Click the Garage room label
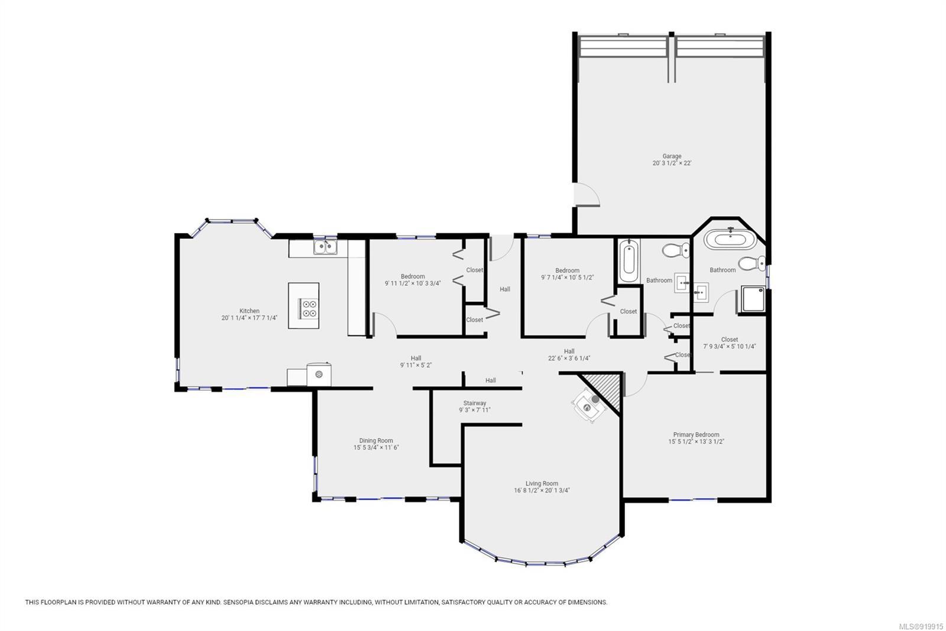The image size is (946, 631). click(672, 156)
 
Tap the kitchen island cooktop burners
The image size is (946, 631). click(308, 308)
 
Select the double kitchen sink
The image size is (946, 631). click(325, 247)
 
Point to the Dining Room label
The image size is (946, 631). click(376, 440)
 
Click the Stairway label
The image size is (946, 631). click(475, 403)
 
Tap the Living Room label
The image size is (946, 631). click(542, 484)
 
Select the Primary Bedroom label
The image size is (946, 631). click(696, 434)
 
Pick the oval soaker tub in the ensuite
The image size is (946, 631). click(730, 239)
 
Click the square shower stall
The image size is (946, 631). click(753, 299)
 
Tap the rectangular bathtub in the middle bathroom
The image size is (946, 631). click(629, 261)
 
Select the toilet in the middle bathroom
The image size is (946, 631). click(676, 250)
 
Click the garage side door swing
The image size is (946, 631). click(587, 195)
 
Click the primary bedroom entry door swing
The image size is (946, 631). click(634, 384)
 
